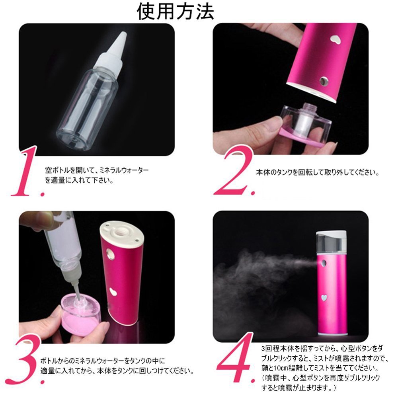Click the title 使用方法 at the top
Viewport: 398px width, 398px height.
click(x=175, y=12)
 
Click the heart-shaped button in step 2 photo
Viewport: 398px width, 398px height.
click(x=335, y=39)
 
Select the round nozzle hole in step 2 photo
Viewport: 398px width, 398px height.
click(x=324, y=81)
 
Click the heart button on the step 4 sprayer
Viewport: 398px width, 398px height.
click(x=324, y=297)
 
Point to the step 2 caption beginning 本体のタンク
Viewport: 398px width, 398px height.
click(x=317, y=173)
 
